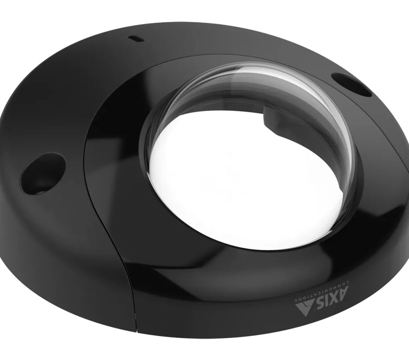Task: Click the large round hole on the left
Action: tap(42, 173)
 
